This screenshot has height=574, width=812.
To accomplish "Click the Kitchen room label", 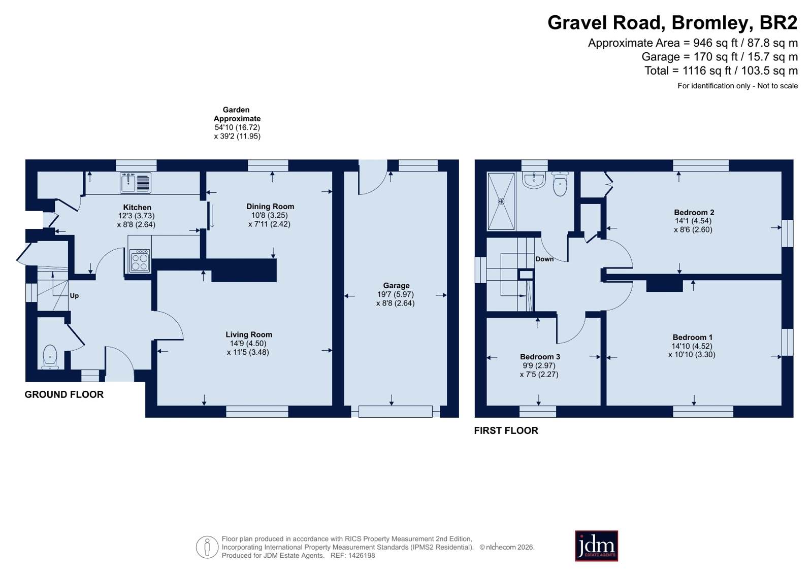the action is tap(137, 207).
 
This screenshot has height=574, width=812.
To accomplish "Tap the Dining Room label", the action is tap(270, 206).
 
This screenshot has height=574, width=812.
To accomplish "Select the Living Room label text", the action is tap(249, 334).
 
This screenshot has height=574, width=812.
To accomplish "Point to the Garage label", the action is tap(396, 286).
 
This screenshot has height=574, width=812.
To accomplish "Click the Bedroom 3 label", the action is tap(540, 357).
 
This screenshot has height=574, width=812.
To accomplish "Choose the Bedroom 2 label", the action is tap(694, 212).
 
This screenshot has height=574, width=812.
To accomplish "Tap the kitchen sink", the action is tap(135, 183).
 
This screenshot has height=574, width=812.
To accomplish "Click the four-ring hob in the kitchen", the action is tap(140, 260).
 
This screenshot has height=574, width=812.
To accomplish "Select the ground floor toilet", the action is tap(50, 357).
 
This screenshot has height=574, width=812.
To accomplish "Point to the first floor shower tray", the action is tap(501, 201).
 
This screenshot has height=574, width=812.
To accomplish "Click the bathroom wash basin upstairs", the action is tap(534, 180).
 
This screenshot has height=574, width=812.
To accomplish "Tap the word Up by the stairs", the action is tap(74, 296).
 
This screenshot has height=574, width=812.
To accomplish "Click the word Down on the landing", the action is tap(544, 259).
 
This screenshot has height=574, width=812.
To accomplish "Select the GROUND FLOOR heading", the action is tap(64, 394).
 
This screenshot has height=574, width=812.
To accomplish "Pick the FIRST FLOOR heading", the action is tap(506, 430).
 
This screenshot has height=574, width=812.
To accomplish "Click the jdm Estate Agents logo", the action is tap(596, 546).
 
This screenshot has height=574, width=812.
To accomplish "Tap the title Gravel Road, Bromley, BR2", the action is tap(672, 22).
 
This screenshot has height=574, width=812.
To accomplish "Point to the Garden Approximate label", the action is tap(237, 114).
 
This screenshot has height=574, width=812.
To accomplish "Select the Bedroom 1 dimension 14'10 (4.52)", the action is tap(692, 346).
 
